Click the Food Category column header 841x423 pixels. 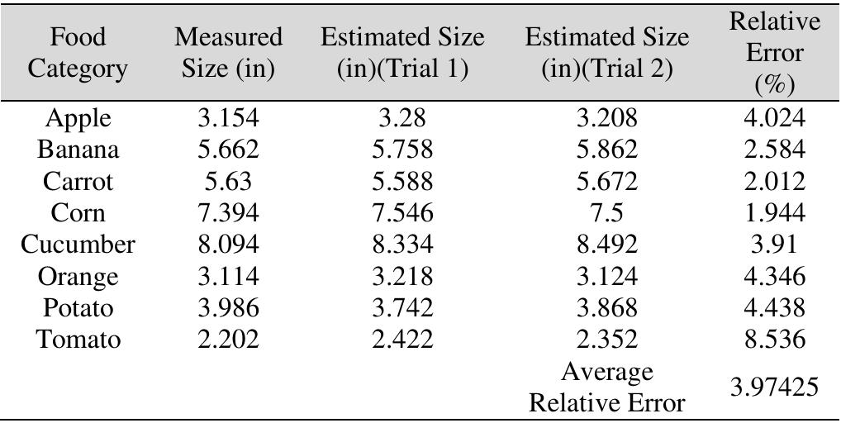click(78, 53)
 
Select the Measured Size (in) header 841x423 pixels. click(228, 53)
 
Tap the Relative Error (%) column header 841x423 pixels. click(774, 53)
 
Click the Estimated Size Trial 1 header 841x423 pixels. click(402, 53)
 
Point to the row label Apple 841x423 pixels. click(78, 119)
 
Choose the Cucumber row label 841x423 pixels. click(78, 245)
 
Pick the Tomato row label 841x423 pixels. click(78, 340)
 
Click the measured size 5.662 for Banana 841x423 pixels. click(228, 150)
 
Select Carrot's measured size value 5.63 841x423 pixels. click(228, 182)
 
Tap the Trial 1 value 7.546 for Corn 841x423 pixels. click(402, 214)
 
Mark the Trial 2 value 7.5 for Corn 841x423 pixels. click(606, 214)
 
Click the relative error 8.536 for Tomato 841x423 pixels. click(774, 340)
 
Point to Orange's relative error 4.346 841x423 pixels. click(774, 277)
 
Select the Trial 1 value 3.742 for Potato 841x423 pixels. click(402, 308)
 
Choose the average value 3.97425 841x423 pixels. click(774, 386)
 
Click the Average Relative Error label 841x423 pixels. click(606, 387)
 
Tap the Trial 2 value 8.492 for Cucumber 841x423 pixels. click(606, 245)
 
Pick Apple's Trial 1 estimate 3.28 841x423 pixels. click(402, 119)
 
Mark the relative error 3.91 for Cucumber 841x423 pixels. click(774, 245)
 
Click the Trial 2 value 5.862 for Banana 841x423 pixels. click(606, 150)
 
